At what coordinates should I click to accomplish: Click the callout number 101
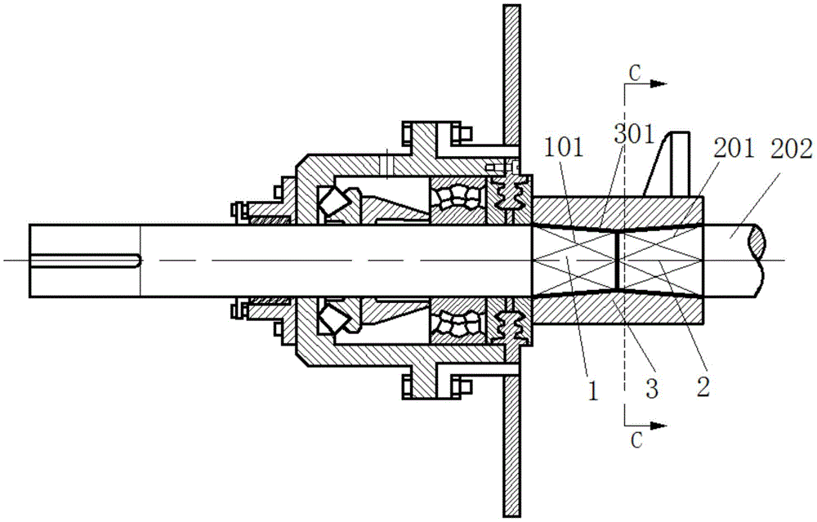(x=564, y=148)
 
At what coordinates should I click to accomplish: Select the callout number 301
(x=634, y=135)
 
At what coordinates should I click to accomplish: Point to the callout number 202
(x=792, y=149)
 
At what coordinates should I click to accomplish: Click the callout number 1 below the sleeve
(x=593, y=391)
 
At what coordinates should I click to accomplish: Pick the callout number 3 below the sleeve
(x=652, y=388)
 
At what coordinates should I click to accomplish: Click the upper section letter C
(x=635, y=74)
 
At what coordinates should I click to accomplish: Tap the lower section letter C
(x=636, y=440)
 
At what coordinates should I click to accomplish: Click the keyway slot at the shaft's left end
(x=86, y=261)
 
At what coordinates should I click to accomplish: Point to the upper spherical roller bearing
(x=457, y=199)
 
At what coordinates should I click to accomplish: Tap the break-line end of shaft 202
(x=758, y=261)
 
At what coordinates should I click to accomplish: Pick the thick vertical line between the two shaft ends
(x=616, y=261)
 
